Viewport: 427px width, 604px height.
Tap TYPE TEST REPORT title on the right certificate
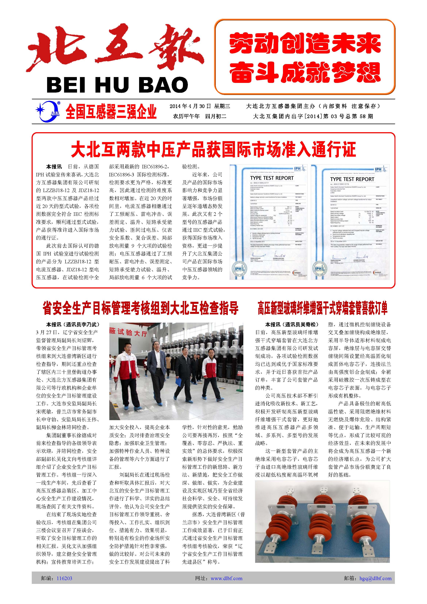(352, 179)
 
